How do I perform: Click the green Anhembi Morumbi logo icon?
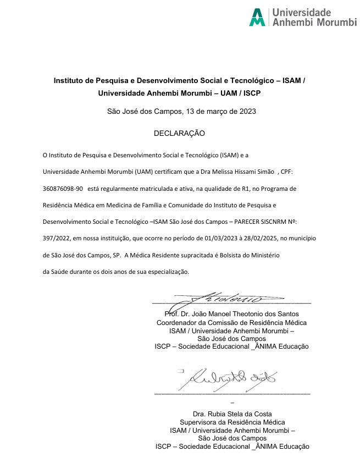(x=257, y=17)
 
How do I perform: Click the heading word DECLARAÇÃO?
(x=179, y=134)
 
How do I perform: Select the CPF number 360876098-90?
(x=63, y=189)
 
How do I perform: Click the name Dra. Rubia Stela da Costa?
(x=232, y=414)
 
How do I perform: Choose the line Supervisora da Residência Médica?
(x=232, y=422)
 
